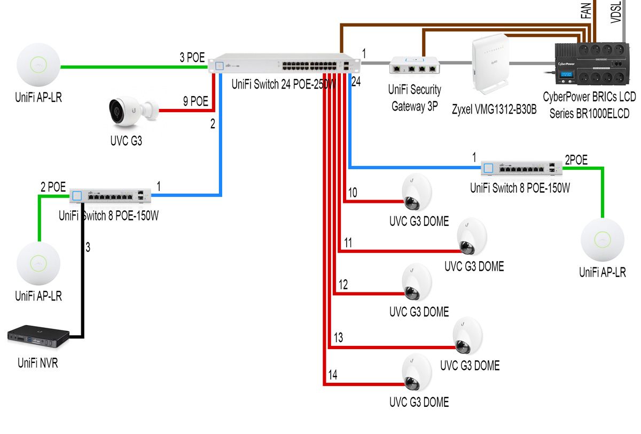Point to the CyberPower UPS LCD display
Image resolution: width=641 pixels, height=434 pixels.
point(567,75)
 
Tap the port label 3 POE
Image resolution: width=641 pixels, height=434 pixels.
point(192,58)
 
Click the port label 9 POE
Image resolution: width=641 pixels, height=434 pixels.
point(195,101)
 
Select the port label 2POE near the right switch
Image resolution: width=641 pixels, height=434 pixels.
point(576,160)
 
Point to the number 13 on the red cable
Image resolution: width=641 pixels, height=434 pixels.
point(338,337)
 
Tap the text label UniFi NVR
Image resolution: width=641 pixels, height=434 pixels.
point(37,364)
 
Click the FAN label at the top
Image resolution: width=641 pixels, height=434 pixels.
point(585,10)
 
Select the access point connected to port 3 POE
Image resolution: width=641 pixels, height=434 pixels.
point(38,67)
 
